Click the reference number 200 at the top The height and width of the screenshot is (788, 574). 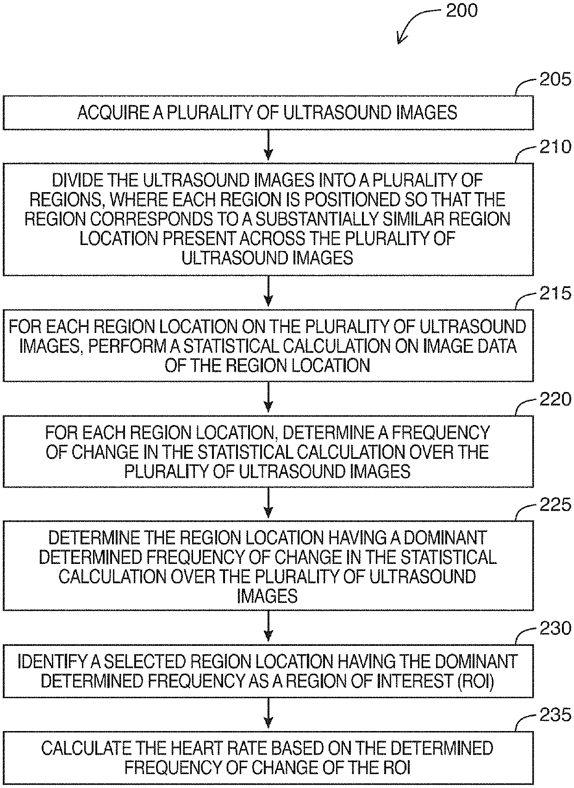tap(461, 10)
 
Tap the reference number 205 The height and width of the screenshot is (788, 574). tap(555, 80)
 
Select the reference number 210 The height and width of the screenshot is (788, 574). tap(555, 147)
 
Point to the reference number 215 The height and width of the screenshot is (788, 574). tap(555, 294)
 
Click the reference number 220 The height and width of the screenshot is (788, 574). tap(555, 399)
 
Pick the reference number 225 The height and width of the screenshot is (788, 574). tap(555, 504)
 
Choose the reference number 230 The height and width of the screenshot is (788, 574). tap(555, 628)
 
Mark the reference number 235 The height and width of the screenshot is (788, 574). tap(555, 715)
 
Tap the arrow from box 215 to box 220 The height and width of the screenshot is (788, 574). tap(268, 398)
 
